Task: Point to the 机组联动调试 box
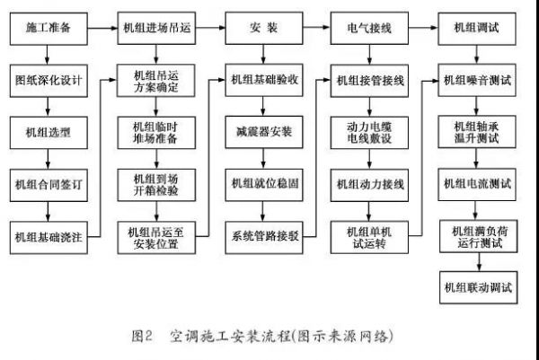click(477, 288)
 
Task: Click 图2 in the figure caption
click(142, 336)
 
